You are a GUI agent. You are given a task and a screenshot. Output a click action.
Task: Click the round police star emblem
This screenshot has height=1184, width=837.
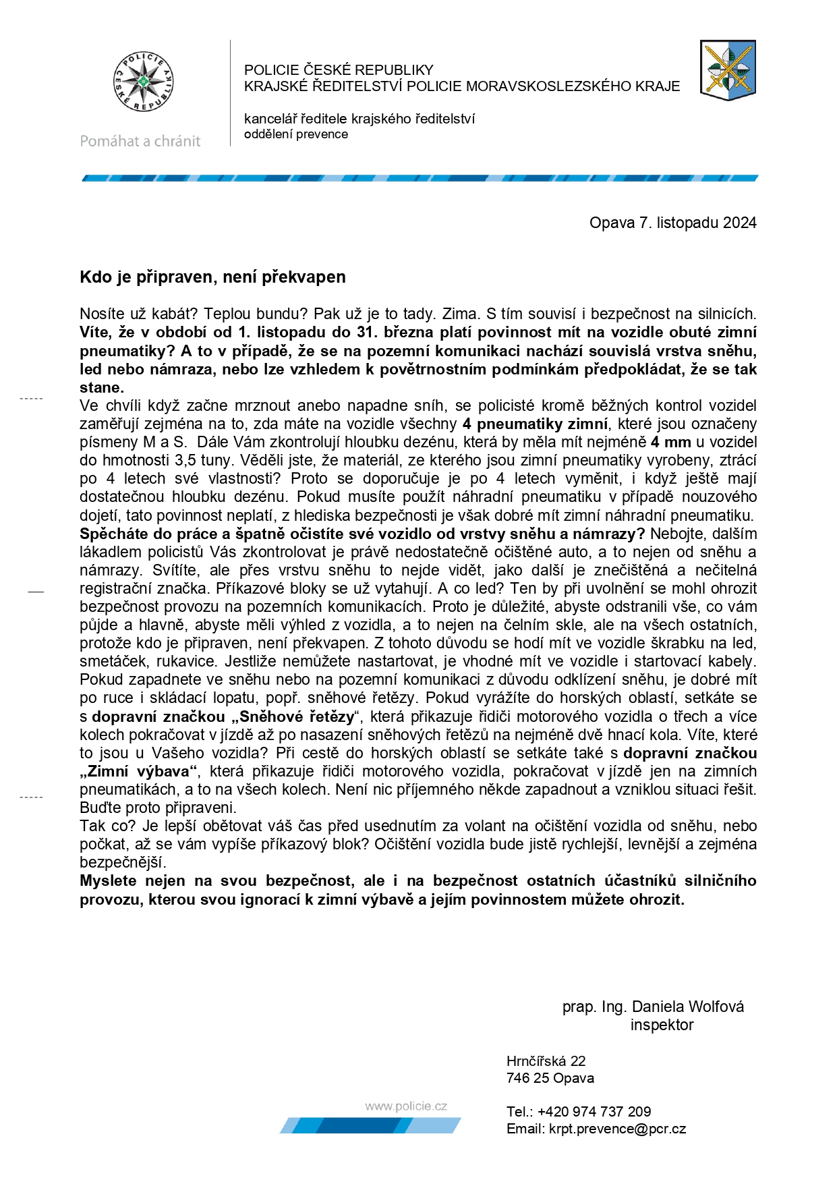pyautogui.click(x=143, y=82)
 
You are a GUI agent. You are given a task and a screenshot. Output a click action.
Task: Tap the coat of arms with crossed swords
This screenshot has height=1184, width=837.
pyautogui.click(x=728, y=69)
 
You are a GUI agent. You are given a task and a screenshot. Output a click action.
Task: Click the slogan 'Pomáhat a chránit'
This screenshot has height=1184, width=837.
pyautogui.click(x=140, y=141)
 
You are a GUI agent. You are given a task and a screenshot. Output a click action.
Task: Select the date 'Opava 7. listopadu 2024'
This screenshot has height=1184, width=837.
pyautogui.click(x=672, y=223)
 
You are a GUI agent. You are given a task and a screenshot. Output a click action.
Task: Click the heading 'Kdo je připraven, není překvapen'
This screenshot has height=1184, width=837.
pyautogui.click(x=212, y=277)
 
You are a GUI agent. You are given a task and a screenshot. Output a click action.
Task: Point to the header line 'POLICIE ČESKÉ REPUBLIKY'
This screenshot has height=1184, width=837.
pyautogui.click(x=339, y=69)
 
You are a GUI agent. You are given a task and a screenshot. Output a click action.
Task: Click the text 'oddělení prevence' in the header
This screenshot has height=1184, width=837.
pyautogui.click(x=296, y=134)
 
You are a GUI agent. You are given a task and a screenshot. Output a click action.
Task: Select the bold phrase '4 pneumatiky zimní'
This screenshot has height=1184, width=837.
pyautogui.click(x=535, y=424)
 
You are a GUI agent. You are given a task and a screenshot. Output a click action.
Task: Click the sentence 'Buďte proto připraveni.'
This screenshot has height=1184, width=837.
pyautogui.click(x=158, y=808)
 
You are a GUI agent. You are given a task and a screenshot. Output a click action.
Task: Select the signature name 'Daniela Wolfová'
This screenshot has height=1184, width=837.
pyautogui.click(x=688, y=1007)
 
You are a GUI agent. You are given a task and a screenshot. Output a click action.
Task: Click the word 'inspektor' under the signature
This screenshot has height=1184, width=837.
pyautogui.click(x=662, y=1025)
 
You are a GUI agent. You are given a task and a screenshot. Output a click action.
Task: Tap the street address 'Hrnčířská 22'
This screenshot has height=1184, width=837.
pyautogui.click(x=546, y=1061)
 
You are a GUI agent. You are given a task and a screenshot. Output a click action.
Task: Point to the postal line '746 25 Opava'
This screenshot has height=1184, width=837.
pyautogui.click(x=550, y=1078)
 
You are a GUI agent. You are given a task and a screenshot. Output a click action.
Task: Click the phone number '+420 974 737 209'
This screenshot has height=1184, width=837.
pyautogui.click(x=594, y=1112)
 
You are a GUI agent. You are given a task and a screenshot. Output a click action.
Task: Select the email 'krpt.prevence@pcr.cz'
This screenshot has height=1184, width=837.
pyautogui.click(x=617, y=1129)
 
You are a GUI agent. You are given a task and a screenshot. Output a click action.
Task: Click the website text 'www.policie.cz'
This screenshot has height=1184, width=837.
pyautogui.click(x=406, y=1106)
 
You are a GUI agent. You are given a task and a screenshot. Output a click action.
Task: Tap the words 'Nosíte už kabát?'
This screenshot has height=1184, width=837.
pyautogui.click(x=139, y=314)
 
